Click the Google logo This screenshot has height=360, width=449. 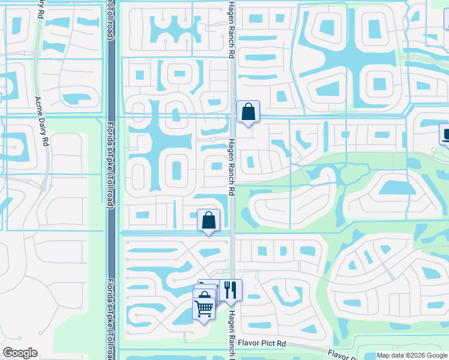20,353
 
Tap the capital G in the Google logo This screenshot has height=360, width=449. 8,353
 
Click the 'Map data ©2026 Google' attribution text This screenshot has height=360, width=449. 412,355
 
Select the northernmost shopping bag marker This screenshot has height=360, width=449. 248,112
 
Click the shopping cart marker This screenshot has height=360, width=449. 203,308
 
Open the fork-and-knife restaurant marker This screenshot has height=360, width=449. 231,290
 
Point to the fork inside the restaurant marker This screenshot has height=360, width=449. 227,290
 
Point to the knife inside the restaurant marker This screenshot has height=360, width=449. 234,290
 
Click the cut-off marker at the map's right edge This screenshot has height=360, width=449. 445,135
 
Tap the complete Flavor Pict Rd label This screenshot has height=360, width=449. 262,343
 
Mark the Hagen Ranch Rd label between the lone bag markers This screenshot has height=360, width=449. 231,167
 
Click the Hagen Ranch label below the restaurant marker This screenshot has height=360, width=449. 231,333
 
